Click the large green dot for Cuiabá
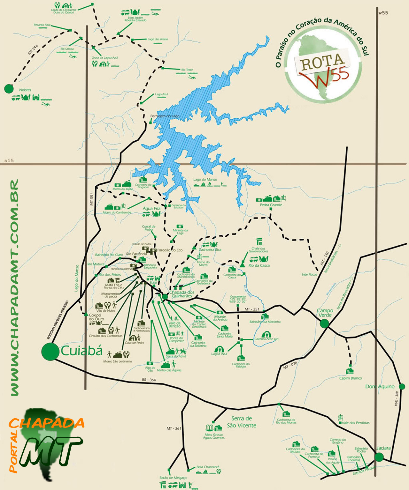point(50,352)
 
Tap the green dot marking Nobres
point(9,89)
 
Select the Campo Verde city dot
point(324,324)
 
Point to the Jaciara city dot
point(379,457)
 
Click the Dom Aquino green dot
point(402,387)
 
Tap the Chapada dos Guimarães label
point(181,294)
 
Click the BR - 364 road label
point(149,380)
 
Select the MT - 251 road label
point(252,309)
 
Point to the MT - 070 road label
point(290,366)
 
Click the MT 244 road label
point(33,49)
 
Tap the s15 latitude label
point(9,160)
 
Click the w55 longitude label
point(383,13)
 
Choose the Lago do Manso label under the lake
point(205,180)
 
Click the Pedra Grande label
point(271,205)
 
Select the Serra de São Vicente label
point(242,422)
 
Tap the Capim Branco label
point(351,378)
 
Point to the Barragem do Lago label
point(165,116)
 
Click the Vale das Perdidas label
point(356,423)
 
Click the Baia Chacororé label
point(208,467)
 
